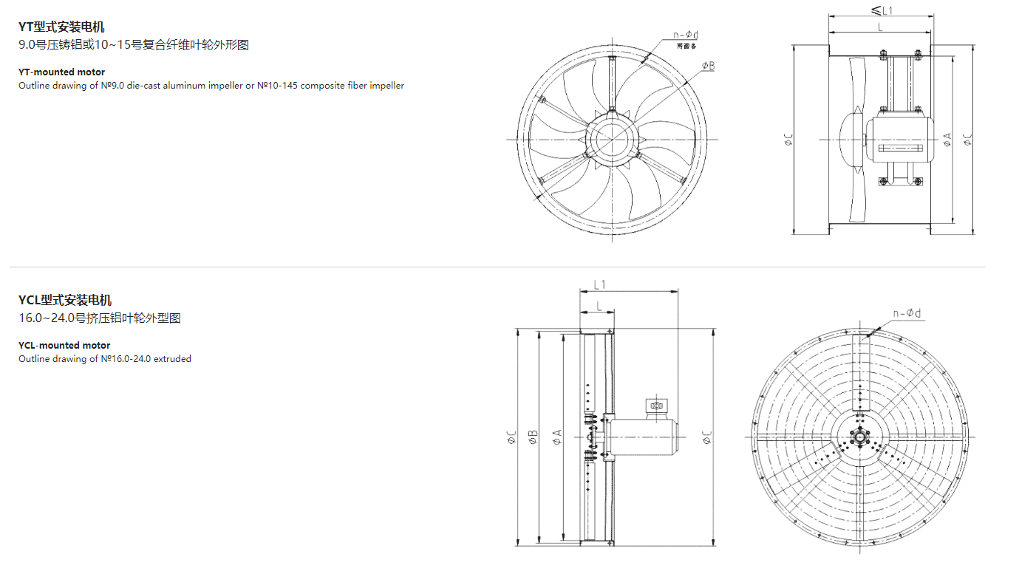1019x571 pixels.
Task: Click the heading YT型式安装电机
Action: point(61,27)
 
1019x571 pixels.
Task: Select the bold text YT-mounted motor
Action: point(61,72)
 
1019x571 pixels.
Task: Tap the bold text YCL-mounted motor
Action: point(64,345)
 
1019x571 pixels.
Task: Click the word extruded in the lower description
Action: point(172,359)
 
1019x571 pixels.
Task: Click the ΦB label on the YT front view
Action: point(708,66)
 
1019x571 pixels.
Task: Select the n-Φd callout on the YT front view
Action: point(686,35)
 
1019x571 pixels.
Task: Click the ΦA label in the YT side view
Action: point(947,139)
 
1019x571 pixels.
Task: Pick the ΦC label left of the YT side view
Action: point(788,140)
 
